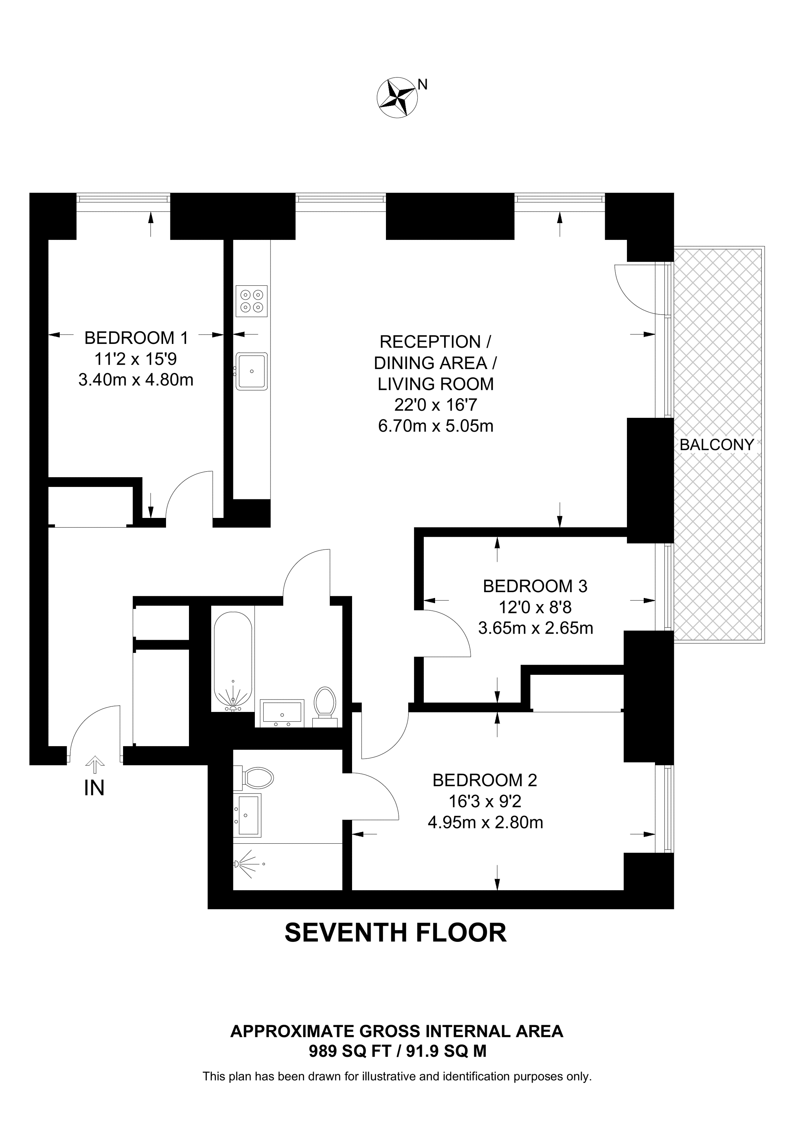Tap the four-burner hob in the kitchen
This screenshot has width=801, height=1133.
tap(252, 301)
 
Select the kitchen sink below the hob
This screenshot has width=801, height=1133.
tap(252, 371)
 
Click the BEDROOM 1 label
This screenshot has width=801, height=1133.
tap(136, 338)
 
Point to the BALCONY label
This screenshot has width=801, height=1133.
tap(717, 445)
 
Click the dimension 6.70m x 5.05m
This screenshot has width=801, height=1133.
tap(435, 425)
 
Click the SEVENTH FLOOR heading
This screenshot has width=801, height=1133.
tap(395, 933)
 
